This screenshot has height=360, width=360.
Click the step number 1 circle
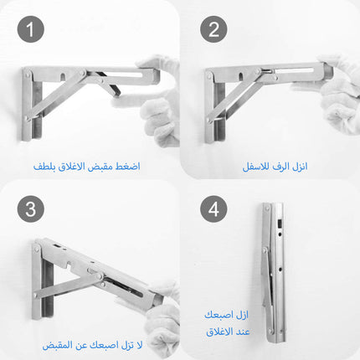click(x=31, y=29)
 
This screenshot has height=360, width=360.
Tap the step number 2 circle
click(x=213, y=29)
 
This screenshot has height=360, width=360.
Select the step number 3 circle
click(x=31, y=208)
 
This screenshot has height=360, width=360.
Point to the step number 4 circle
click(x=213, y=208)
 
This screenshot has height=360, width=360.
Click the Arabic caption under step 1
click(x=87, y=167)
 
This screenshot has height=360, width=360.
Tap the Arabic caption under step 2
click(x=275, y=167)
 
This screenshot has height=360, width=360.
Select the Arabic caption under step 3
click(x=92, y=345)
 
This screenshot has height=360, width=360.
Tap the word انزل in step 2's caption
click(x=300, y=167)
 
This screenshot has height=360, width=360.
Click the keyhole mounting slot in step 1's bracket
click(x=64, y=75)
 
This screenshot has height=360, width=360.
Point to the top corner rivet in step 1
click(x=27, y=75)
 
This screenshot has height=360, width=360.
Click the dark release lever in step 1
click(x=110, y=83)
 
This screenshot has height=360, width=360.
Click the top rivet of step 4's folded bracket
click(x=267, y=208)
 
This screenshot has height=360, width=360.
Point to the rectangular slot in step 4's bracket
click(x=279, y=224)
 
